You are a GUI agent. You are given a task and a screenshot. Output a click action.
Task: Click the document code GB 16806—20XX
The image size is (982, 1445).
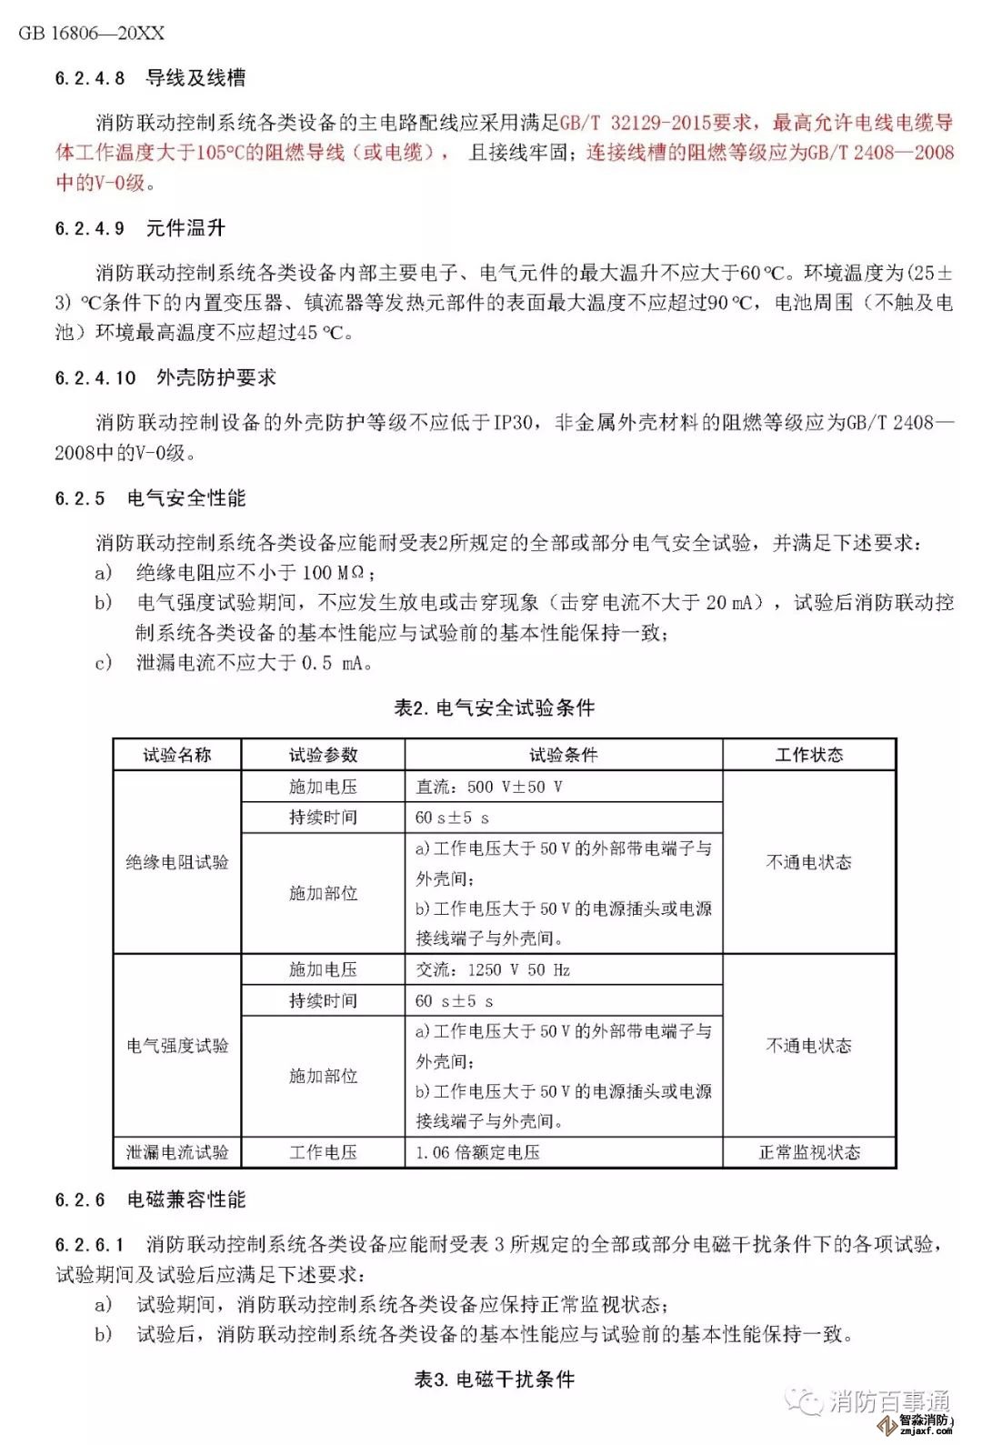(x=92, y=33)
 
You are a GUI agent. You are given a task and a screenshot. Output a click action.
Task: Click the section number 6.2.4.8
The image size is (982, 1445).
(x=90, y=78)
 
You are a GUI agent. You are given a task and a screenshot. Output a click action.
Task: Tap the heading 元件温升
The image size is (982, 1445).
(x=185, y=228)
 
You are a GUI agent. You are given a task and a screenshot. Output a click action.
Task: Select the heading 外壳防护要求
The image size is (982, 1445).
(x=216, y=377)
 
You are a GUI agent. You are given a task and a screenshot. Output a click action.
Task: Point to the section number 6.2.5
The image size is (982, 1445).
(x=80, y=498)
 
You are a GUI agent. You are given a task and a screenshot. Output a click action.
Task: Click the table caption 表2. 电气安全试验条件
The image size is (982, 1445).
(x=495, y=707)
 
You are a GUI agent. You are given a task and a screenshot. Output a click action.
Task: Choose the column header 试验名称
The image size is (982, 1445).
(x=177, y=755)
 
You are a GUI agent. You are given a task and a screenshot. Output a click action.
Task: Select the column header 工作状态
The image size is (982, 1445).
(x=809, y=755)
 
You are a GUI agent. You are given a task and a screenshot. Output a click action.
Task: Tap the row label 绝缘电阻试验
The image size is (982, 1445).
(x=177, y=862)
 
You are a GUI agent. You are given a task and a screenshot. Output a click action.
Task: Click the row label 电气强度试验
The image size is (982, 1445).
(x=177, y=1046)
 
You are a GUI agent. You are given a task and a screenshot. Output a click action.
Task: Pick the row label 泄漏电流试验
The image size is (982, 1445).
(x=177, y=1152)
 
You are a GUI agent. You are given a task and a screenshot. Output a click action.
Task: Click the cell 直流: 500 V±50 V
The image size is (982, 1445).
(x=489, y=787)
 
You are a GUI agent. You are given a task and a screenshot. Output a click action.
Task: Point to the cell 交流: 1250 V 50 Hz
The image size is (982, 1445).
(x=493, y=969)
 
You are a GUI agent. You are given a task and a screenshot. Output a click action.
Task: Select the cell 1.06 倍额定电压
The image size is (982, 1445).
(x=477, y=1152)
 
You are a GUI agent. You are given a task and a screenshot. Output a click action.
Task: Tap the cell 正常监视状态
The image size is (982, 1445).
(x=809, y=1152)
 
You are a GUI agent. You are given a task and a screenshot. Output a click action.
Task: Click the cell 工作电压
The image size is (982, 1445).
(x=323, y=1152)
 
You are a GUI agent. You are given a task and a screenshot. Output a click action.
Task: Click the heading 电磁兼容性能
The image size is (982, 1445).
(x=186, y=1199)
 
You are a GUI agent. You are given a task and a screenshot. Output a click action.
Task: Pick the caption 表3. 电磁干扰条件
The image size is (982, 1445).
(x=495, y=1380)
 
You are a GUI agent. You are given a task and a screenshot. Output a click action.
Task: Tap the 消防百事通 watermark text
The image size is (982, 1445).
(x=888, y=1401)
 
